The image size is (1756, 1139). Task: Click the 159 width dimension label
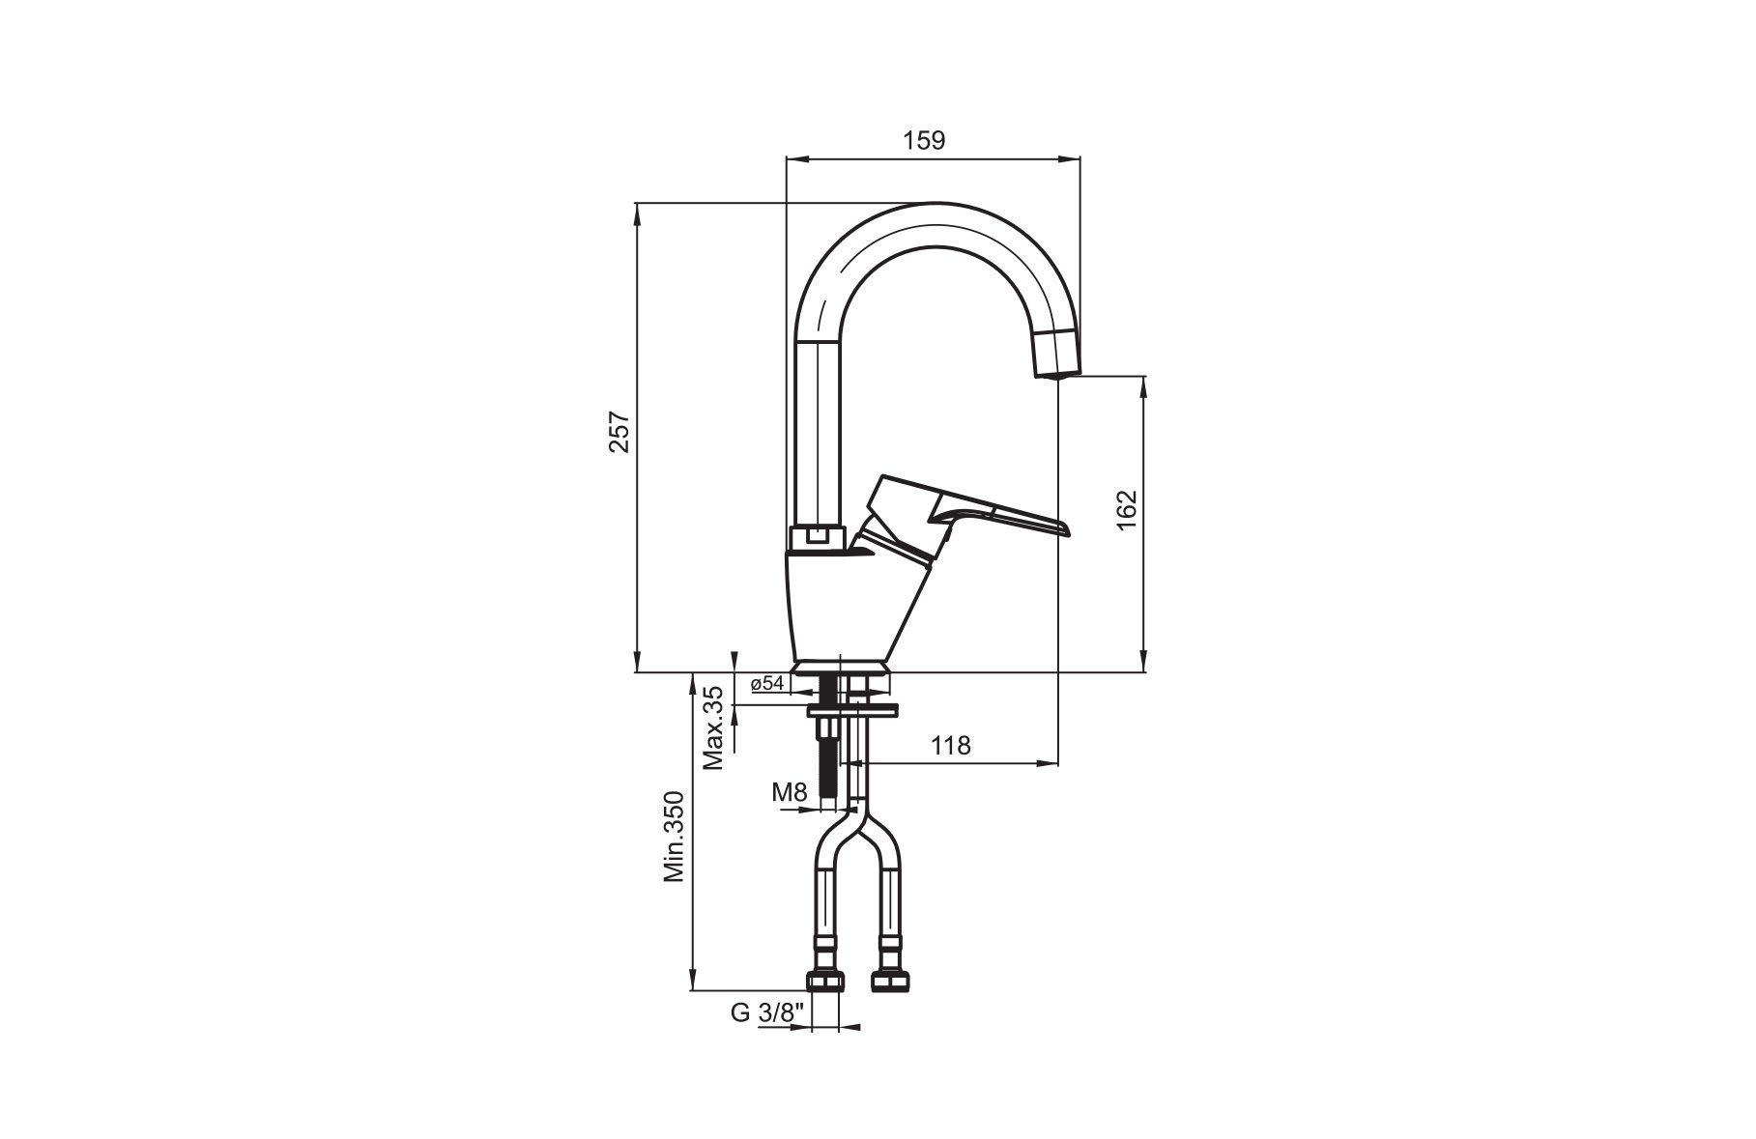pyautogui.click(x=924, y=140)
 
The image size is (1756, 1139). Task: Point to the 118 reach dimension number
pyautogui.click(x=951, y=745)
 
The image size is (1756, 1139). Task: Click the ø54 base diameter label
pyautogui.click(x=767, y=683)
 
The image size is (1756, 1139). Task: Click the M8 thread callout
pyautogui.click(x=789, y=793)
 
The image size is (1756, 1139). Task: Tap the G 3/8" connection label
pyautogui.click(x=767, y=1012)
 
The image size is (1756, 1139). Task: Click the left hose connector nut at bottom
pyautogui.click(x=824, y=981)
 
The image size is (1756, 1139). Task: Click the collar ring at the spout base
pyautogui.click(x=818, y=539)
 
